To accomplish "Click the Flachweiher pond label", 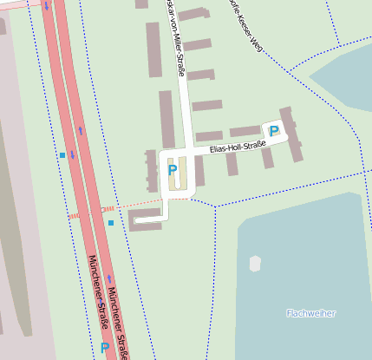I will click(310, 312).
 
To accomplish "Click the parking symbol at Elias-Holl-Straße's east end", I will click(274, 131).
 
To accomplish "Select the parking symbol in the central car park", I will click(172, 170).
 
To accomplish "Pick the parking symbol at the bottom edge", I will click(105, 348).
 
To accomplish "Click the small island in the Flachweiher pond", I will click(255, 262).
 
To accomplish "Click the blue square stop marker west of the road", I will click(62, 155).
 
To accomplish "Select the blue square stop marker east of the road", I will click(111, 223).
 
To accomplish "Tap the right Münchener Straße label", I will click(119, 321).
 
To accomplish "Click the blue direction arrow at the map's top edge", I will click(45, 5).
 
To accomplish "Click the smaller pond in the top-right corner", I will click(347, 74).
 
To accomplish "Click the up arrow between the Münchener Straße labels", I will click(109, 279).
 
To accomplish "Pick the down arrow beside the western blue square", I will click(73, 155).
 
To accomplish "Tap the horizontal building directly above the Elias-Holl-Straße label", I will click(210, 136).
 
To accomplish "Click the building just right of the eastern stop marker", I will click(143, 219).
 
